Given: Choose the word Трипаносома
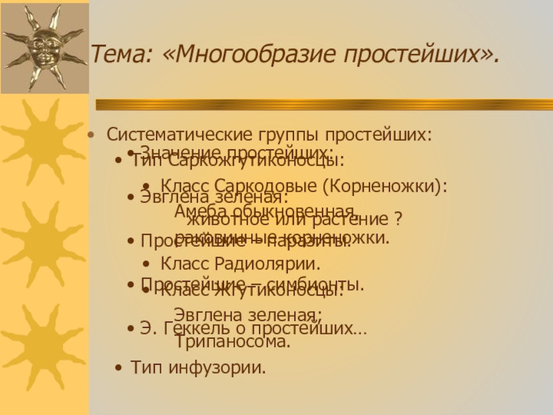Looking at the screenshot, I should click(x=232, y=341).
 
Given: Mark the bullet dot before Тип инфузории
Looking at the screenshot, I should click(x=120, y=367).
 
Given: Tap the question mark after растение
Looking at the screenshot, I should click(x=399, y=221).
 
